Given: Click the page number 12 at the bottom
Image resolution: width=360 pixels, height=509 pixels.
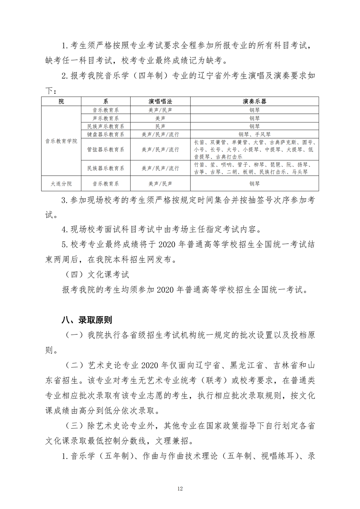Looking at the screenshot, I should pos(180,488).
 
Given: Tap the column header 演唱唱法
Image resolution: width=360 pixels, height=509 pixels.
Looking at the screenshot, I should pos(160,102).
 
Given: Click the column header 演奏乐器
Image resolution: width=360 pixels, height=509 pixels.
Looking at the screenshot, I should pos(255,102).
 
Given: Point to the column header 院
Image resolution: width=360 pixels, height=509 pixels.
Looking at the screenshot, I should pos(61,102).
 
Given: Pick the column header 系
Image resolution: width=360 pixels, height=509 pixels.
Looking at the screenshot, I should pos(106,102).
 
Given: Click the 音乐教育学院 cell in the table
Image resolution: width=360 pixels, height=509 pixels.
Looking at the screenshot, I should pos(61,141).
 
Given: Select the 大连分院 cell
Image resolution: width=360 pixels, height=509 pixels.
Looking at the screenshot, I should pos(61,184).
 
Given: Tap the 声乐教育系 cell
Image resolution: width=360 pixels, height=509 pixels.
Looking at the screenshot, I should pos(106,118).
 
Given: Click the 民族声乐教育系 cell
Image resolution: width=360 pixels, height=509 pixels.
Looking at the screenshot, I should pos(106,126).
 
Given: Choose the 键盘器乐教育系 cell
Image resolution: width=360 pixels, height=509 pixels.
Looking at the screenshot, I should pos(106,135).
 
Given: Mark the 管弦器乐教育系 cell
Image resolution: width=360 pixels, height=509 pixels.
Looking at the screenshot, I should pos(106,149).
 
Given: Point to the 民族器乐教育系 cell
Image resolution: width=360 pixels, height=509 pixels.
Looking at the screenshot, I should pos(106,168).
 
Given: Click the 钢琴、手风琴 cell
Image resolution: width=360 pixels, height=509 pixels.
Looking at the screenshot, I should pos(255,135).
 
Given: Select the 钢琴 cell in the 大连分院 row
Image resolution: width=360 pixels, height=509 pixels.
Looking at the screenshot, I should pos(255,184).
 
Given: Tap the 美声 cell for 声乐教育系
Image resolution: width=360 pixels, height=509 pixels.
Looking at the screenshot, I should pos(160,118).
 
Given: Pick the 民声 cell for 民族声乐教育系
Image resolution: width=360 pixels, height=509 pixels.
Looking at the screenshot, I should pos(160,126).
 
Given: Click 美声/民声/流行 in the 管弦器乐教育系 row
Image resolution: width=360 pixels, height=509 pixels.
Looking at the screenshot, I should pos(160,149).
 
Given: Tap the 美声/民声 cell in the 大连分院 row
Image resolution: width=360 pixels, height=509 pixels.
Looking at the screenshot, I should pos(160,184).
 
